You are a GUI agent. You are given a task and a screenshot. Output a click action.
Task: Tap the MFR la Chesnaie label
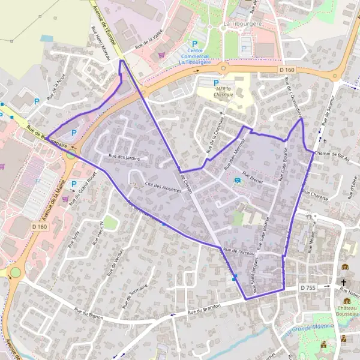pos(224,93)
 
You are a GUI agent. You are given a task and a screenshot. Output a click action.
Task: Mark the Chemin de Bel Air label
pos(331,154)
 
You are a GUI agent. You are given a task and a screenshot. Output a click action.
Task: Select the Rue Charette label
pos(315,194)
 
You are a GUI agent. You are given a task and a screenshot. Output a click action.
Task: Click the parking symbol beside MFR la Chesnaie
pos(216,83)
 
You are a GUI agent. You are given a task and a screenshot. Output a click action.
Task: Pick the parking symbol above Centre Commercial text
pos(194,43)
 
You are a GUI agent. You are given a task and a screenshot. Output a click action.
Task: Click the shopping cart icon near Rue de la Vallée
pos(161,55)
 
